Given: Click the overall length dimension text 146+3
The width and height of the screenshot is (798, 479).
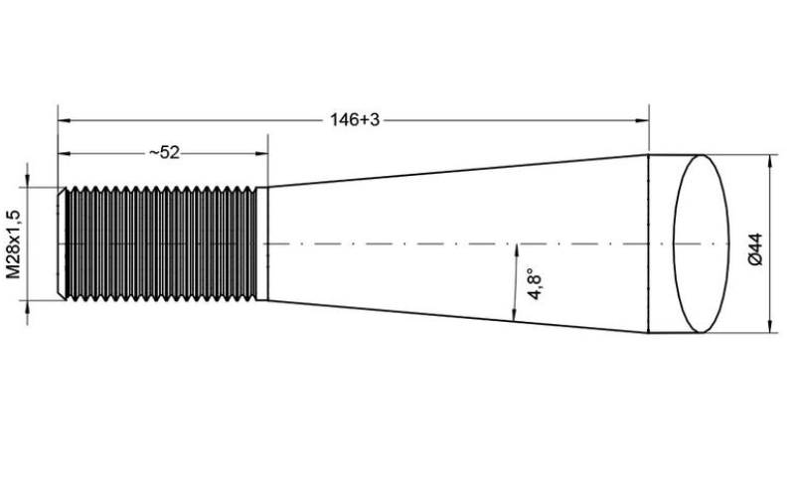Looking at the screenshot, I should click(355, 119).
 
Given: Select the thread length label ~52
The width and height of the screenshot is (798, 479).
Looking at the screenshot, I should click(164, 152).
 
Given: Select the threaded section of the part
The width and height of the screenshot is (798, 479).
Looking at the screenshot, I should click(162, 243).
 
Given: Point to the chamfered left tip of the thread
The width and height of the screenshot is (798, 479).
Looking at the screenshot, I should click(62, 243).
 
